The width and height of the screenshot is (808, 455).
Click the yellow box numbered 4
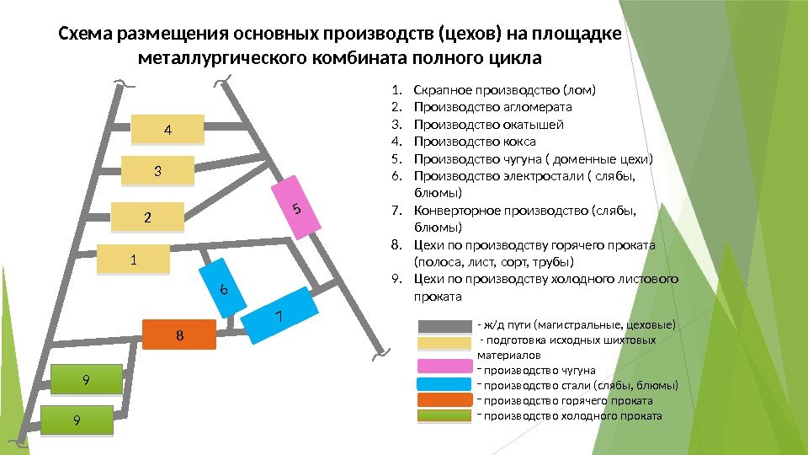click(x=167, y=131)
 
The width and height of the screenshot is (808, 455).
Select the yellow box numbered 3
click(x=157, y=172)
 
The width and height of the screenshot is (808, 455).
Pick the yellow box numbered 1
click(x=133, y=260)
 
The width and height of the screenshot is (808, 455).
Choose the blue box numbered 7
click(x=279, y=316)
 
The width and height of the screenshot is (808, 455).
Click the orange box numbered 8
click(x=179, y=335)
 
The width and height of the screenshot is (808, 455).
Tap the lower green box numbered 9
click(x=77, y=420)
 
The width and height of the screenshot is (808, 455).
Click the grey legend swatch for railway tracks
click(x=445, y=326)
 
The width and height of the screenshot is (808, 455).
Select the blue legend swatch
click(x=445, y=385)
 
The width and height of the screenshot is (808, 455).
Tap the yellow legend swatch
click(x=445, y=342)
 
